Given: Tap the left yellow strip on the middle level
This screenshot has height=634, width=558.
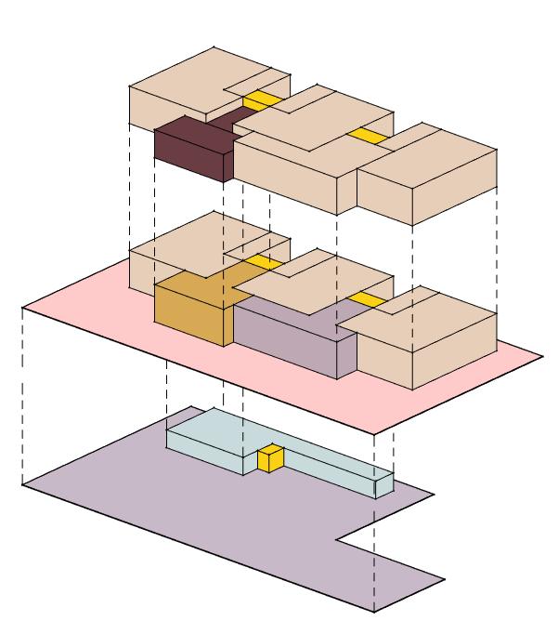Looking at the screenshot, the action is [x=263, y=262].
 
